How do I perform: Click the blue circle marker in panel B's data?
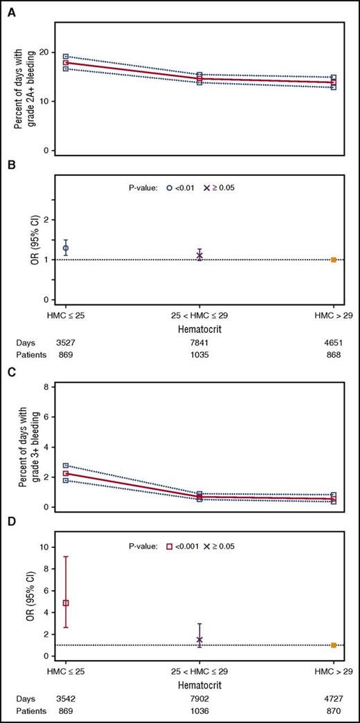point(66,248)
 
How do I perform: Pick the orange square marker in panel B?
point(334,260)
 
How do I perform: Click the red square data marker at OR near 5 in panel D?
point(66,603)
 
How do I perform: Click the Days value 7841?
point(199,342)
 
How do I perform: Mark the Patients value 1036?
point(199,711)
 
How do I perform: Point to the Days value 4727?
point(333,699)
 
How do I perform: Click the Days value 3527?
point(66,342)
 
